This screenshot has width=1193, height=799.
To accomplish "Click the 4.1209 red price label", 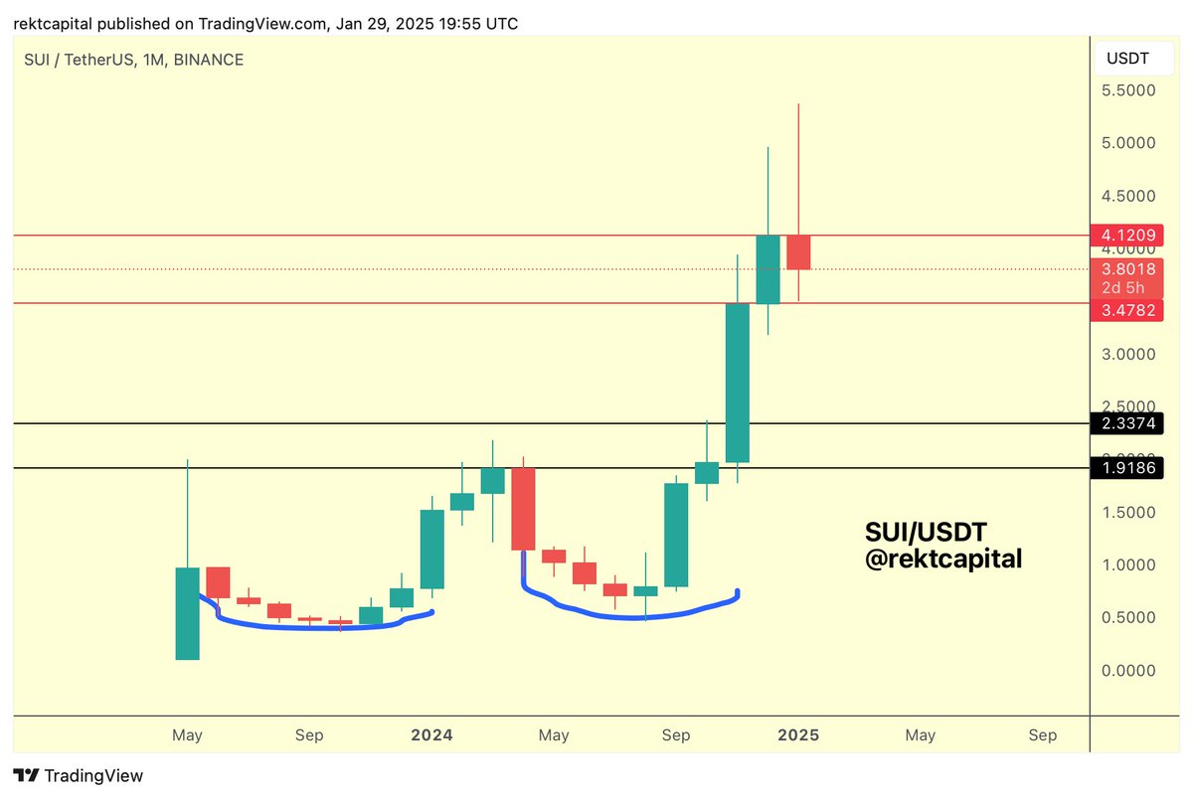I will (x=1126, y=236).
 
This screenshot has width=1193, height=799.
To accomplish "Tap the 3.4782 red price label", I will (x=1126, y=310).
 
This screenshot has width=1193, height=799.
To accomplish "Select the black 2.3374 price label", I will (x=1126, y=424).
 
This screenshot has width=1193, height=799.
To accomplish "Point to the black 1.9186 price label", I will (x=1126, y=467).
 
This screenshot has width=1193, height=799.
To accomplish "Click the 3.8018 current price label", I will (x=1126, y=268).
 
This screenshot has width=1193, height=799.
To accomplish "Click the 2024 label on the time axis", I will (x=431, y=735).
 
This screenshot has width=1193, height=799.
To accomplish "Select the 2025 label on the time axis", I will (x=798, y=735).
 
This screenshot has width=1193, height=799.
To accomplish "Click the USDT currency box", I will (x=1127, y=59).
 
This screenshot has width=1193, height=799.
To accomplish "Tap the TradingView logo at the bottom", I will (x=79, y=776).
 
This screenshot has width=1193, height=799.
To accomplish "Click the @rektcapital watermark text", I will (x=942, y=559).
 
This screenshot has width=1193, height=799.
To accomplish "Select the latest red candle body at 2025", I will (x=798, y=252).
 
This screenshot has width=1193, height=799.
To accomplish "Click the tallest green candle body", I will (x=737, y=383).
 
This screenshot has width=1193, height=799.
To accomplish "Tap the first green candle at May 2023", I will (x=187, y=613).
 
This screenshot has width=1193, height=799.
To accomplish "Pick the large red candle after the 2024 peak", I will (x=523, y=509).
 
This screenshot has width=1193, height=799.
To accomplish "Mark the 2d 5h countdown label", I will (x=1123, y=288).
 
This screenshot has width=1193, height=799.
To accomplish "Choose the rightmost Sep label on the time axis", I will (x=1042, y=735).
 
